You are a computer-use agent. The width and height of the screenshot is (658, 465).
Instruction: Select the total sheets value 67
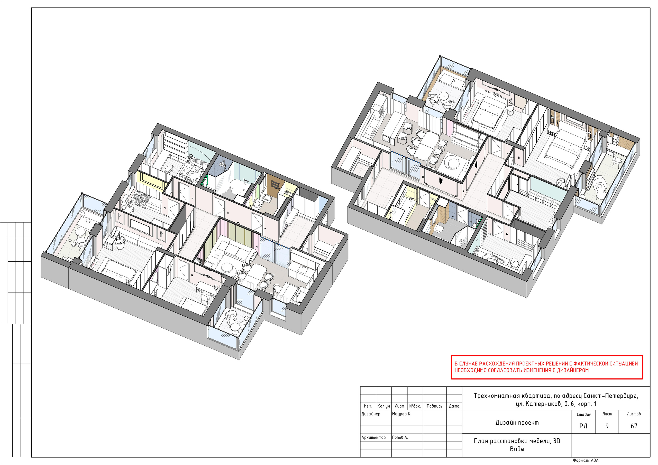(x=634, y=426)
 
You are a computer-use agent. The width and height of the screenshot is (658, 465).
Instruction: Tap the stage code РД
(x=583, y=426)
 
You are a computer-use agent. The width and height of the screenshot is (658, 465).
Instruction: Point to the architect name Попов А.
(x=400, y=438)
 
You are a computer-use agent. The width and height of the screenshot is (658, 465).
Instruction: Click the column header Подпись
(x=434, y=406)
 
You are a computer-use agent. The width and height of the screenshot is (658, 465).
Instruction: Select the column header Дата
(x=454, y=406)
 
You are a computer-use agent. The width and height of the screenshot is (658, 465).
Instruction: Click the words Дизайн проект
(x=517, y=423)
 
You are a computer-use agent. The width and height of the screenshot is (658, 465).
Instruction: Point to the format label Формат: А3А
(x=586, y=460)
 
